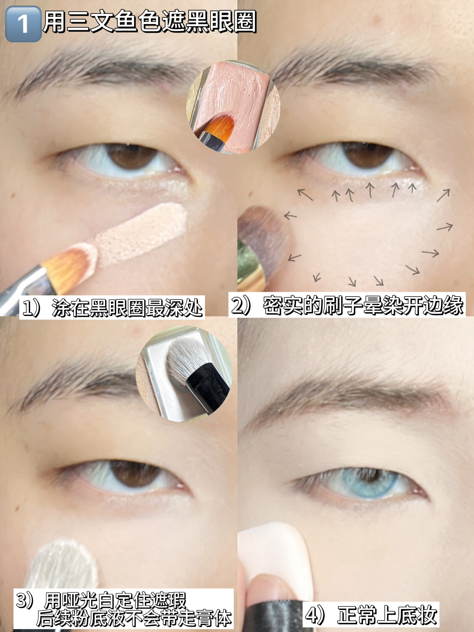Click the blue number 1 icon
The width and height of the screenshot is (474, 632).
(x=23, y=24)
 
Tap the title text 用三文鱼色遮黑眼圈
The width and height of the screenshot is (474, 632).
(x=149, y=22)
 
